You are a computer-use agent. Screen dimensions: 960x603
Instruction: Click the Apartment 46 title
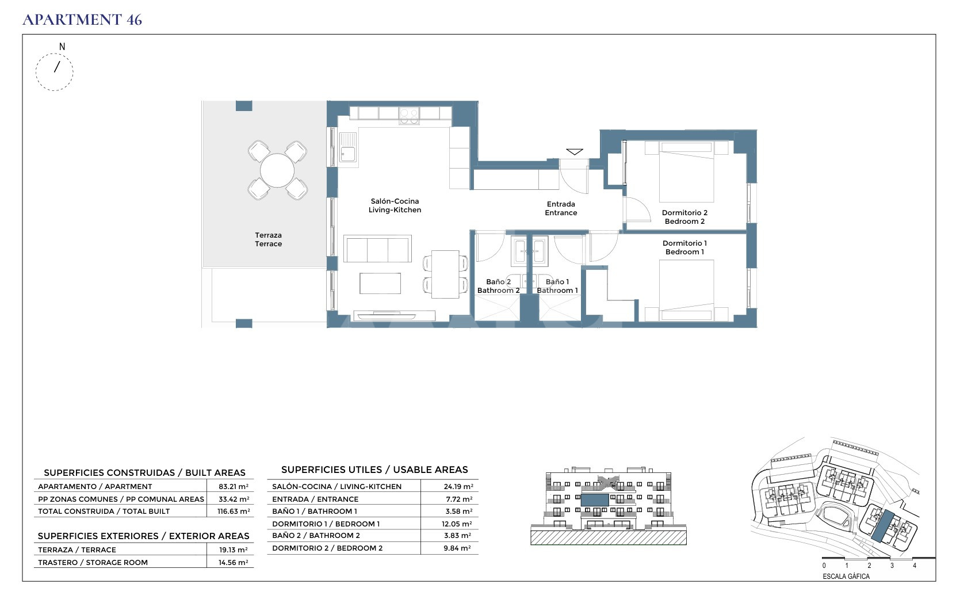(82, 20)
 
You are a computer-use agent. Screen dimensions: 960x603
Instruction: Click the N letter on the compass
(62, 47)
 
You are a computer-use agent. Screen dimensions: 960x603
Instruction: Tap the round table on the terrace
(277, 170)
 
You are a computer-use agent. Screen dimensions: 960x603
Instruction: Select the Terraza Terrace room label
(268, 239)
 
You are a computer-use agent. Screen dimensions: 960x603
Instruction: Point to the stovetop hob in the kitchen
(409, 116)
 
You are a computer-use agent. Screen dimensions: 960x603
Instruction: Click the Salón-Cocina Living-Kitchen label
(395, 206)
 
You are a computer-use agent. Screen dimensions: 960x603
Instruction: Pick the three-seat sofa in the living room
(377, 249)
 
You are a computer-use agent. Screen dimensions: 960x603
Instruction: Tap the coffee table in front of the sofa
(380, 283)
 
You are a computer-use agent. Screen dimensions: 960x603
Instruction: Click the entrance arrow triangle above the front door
(574, 152)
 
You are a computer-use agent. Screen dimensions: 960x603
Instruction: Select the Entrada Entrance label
(561, 209)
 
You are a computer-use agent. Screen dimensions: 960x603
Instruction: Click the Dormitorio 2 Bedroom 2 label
(684, 217)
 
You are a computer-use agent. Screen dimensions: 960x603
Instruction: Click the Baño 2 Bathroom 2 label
(499, 286)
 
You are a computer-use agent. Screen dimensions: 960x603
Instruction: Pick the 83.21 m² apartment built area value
(234, 486)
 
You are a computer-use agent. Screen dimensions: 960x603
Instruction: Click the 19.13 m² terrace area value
(233, 550)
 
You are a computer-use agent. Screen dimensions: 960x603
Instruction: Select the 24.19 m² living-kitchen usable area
(458, 486)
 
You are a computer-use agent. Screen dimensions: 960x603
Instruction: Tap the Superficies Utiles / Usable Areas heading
(374, 470)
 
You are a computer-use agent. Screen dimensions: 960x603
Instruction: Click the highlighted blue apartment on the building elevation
(595, 499)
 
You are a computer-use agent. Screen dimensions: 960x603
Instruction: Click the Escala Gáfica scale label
(846, 577)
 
